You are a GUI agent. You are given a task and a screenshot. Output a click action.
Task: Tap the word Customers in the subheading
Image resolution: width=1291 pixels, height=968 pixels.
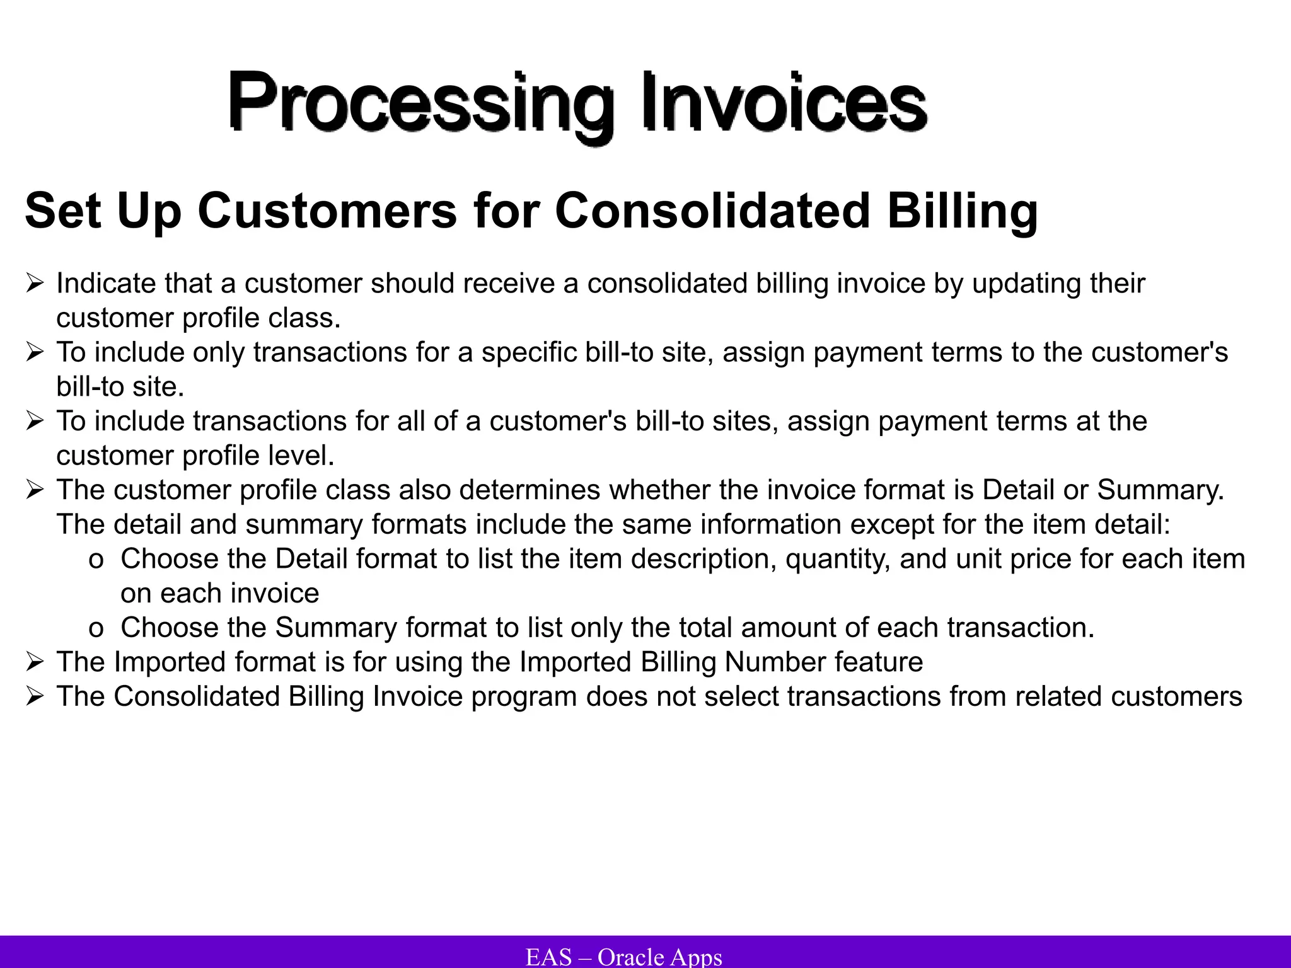(327, 211)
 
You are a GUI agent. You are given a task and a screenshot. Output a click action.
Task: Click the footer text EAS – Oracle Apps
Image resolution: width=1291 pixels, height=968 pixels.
(623, 957)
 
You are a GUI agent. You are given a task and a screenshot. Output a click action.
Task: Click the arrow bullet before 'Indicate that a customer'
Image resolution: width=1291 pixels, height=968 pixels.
(35, 284)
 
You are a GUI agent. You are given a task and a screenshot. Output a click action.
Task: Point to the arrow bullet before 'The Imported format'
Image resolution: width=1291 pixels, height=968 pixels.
(35, 662)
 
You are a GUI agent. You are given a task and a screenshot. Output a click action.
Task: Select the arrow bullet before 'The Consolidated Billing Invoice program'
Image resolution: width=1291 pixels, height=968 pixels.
(35, 697)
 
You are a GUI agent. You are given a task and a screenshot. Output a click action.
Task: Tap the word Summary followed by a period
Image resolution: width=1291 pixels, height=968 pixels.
(1160, 490)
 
